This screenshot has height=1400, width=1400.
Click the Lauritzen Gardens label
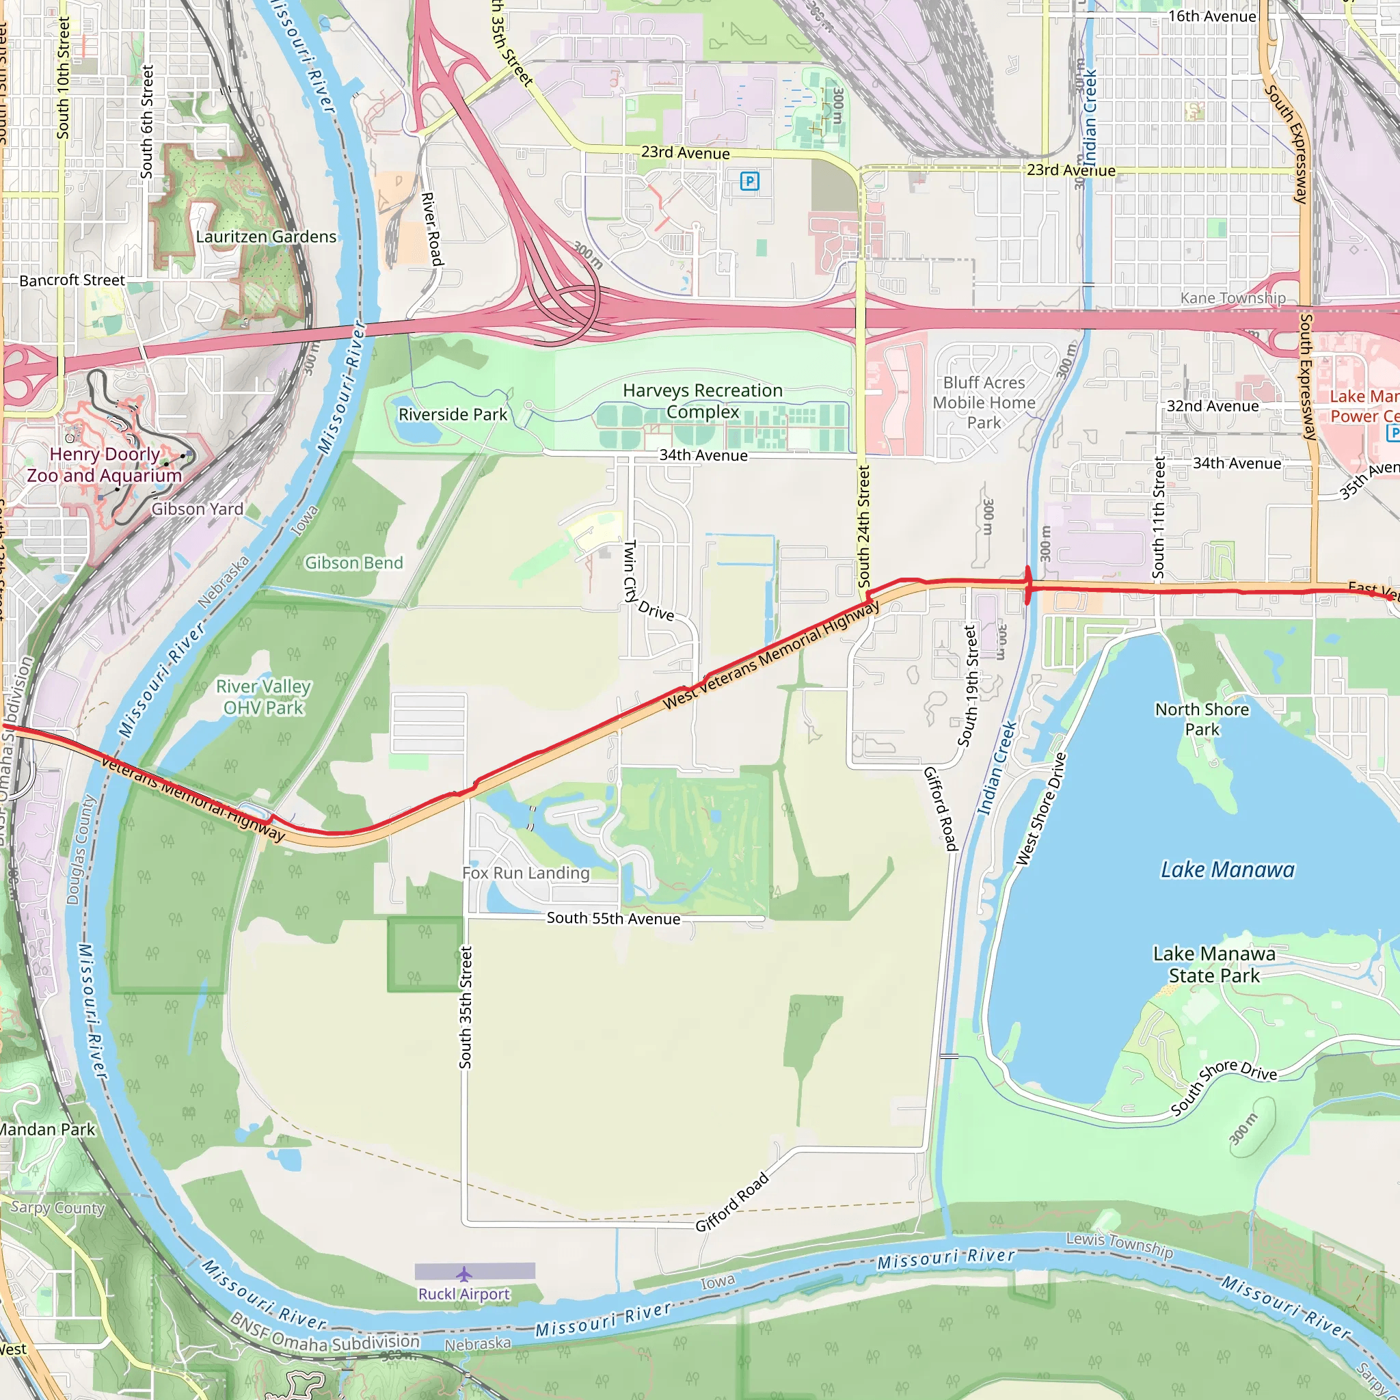point(266,237)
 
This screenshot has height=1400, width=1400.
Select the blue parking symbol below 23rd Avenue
point(749,180)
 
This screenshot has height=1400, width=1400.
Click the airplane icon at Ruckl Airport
point(463,1274)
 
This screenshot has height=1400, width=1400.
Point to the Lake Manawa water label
point(1228,870)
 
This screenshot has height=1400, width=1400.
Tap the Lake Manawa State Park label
point(1214,965)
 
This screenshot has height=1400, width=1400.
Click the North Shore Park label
point(1202,719)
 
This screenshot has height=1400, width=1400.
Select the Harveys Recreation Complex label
point(702,401)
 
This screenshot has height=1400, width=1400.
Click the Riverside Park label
point(453,414)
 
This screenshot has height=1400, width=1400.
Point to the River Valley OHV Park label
point(264,697)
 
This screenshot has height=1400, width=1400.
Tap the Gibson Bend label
point(353,563)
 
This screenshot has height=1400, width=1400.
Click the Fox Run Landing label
point(526,873)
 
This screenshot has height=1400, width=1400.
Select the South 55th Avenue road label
point(613,918)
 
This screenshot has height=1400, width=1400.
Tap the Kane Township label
point(1233,298)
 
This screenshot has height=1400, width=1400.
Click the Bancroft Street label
point(72,280)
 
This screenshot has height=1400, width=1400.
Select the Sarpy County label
point(57,1208)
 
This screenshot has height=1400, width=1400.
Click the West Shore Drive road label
point(1040,809)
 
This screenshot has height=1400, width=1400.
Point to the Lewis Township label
point(1119,1244)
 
